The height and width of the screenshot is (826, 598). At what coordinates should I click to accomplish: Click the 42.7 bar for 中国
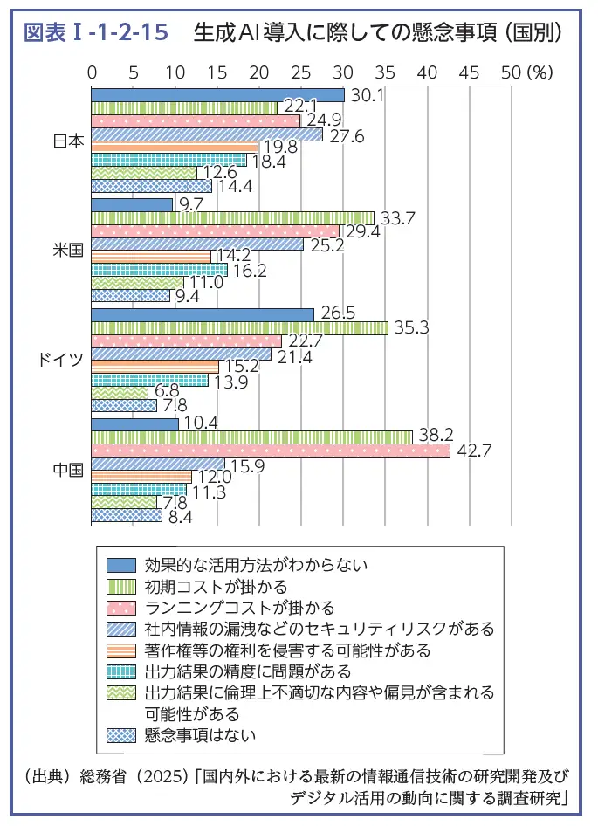(x=271, y=451)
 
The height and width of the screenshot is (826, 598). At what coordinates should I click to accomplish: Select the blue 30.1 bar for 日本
(x=217, y=94)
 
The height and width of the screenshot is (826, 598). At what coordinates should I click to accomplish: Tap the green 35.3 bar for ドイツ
(x=239, y=328)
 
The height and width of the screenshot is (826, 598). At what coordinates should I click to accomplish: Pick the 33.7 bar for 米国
(x=232, y=217)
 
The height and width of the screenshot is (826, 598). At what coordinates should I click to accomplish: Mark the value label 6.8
(x=166, y=393)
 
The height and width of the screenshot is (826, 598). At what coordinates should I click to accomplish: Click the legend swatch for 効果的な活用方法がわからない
(x=122, y=565)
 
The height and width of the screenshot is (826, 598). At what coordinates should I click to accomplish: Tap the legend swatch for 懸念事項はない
(x=122, y=734)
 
